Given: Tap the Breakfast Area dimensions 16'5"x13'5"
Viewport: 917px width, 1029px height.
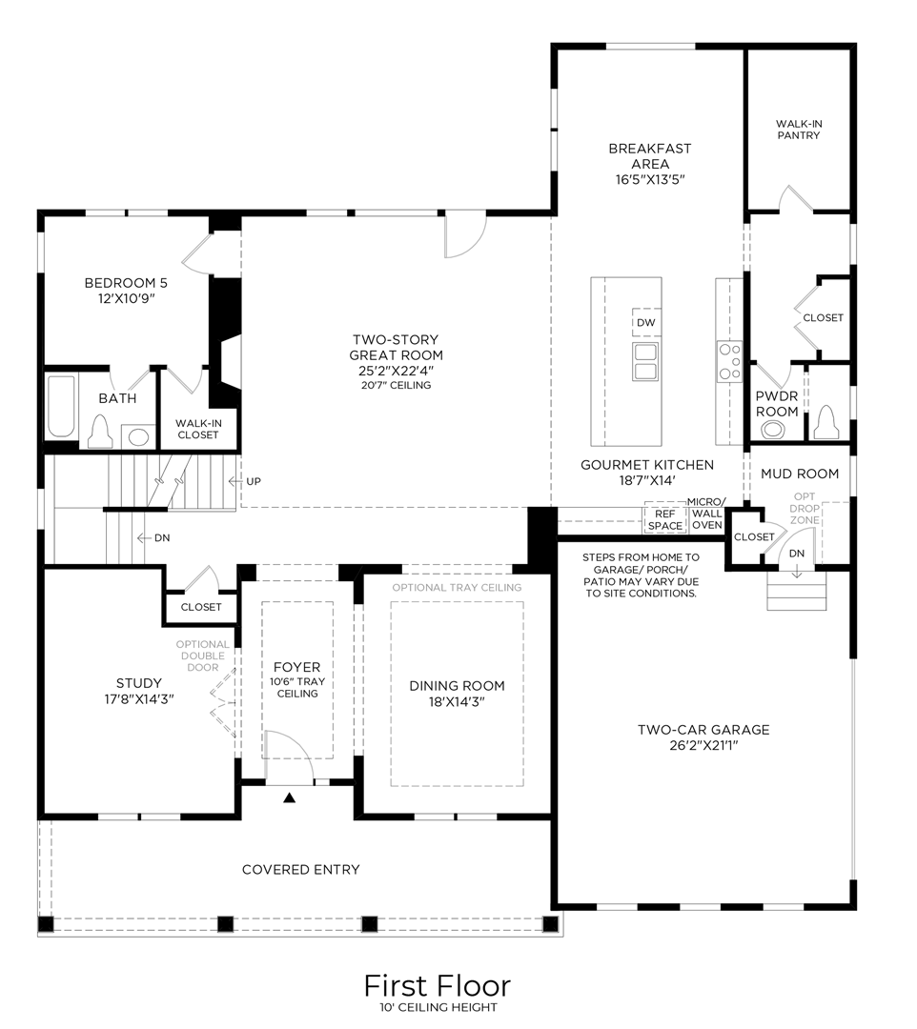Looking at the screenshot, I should pyautogui.click(x=650, y=179).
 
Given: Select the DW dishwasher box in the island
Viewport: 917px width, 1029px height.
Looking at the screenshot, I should pyautogui.click(x=646, y=322).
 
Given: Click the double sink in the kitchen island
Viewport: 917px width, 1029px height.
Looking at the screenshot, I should pyautogui.click(x=645, y=362).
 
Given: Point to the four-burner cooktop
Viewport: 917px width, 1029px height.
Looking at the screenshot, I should pyautogui.click(x=729, y=362).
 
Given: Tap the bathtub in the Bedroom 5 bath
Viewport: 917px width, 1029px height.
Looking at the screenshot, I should pyautogui.click(x=61, y=407).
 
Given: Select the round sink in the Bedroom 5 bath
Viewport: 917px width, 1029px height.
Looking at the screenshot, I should pyautogui.click(x=139, y=437).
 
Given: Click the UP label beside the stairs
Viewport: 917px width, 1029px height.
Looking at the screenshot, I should pyautogui.click(x=253, y=481).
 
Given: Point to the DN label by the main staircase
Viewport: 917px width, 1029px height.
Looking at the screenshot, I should pyautogui.click(x=162, y=538).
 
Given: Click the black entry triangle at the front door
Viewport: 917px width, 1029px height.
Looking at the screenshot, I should pyautogui.click(x=290, y=797).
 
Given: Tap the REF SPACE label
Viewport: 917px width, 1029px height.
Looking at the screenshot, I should pyautogui.click(x=665, y=519).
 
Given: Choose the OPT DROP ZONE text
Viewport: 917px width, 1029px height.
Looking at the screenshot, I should pyautogui.click(x=806, y=510).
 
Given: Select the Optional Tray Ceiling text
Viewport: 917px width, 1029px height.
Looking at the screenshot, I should pyautogui.click(x=457, y=587).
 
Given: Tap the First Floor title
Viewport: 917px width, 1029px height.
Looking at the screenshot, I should pyautogui.click(x=437, y=984).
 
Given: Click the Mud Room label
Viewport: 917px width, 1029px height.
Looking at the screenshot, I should pyautogui.click(x=799, y=474).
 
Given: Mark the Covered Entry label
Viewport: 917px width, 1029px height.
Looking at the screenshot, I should pyautogui.click(x=300, y=869).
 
